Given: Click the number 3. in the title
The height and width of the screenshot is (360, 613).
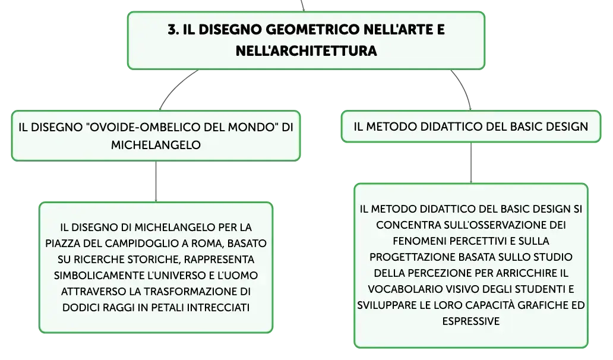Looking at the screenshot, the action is click(173, 29).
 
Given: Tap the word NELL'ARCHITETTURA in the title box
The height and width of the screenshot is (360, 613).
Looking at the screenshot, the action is click(306, 50).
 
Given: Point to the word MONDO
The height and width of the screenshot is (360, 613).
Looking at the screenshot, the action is click(254, 127).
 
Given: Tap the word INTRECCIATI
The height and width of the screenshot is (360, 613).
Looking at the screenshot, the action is click(218, 307).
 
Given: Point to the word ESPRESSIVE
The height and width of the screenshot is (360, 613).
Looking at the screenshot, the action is click(470, 321).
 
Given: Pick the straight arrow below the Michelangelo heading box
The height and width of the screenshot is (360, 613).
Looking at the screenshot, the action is click(156, 181).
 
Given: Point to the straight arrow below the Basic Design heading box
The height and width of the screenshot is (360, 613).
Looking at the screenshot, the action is click(471, 163).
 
